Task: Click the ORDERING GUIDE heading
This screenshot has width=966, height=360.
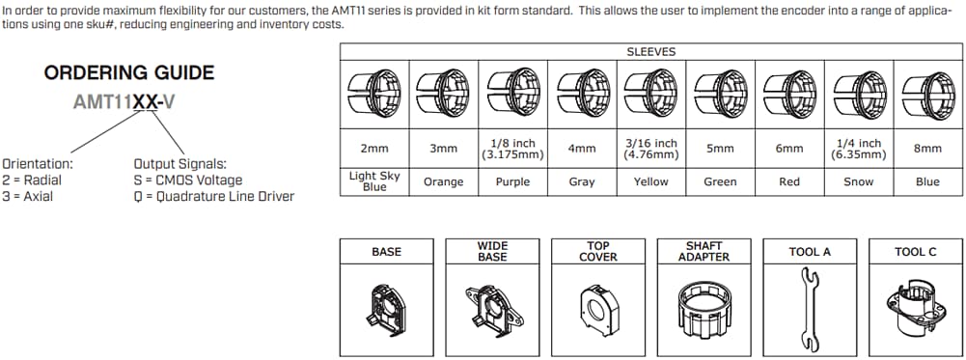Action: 129,73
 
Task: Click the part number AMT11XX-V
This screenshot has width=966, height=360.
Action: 124,100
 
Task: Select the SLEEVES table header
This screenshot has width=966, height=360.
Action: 651,51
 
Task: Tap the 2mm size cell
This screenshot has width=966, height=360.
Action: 375,149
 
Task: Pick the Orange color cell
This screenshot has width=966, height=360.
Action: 444,181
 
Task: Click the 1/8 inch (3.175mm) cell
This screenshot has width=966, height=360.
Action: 512,149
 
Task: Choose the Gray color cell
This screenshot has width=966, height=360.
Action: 582,181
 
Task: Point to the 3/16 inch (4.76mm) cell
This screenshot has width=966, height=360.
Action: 651,149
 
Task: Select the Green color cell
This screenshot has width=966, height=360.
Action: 720,181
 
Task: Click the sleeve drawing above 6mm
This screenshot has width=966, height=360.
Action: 789,95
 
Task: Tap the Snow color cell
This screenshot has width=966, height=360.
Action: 858,181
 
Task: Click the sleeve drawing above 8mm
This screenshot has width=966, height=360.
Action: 927,95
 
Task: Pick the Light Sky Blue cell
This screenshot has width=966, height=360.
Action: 375,181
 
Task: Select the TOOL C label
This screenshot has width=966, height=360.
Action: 915,252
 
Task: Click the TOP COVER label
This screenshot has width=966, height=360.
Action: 598,252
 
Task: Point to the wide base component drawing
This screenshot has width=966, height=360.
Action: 493,304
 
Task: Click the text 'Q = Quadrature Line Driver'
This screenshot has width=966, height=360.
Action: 213,196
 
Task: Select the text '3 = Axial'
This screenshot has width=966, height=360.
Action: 28,196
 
